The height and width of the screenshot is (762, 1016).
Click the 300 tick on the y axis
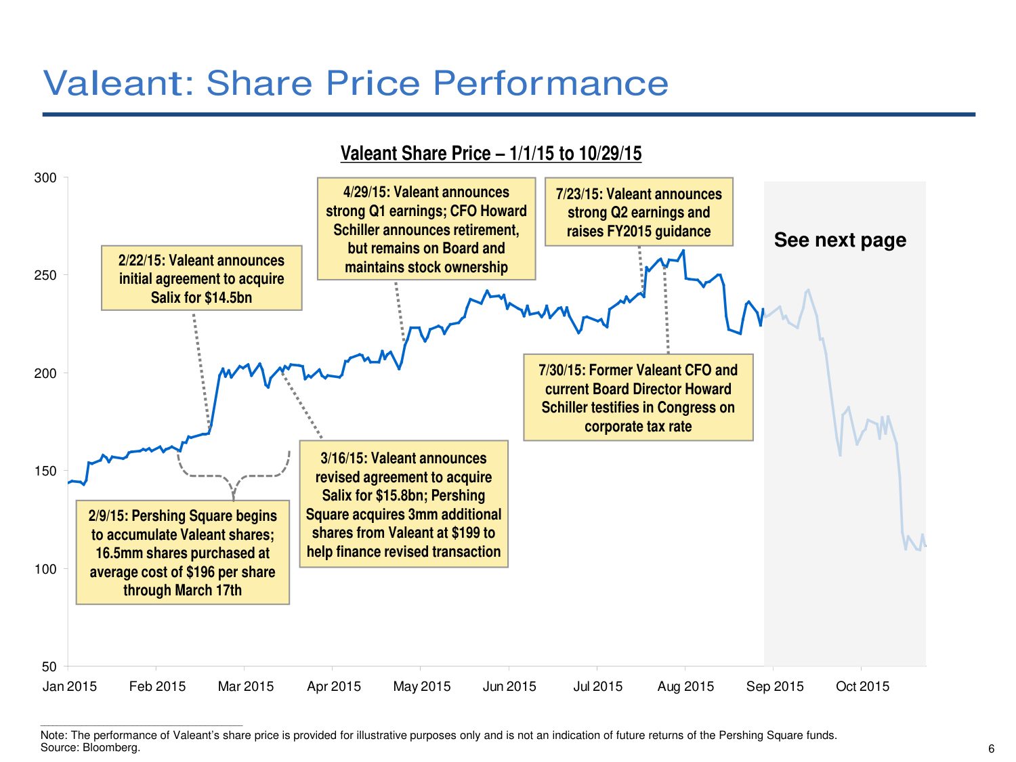45,178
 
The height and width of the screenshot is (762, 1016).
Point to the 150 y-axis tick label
45,471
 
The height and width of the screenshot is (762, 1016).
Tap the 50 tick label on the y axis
49,667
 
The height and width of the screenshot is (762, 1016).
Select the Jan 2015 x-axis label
69,687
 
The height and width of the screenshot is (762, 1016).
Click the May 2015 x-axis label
421,687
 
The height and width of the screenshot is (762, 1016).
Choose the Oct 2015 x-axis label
862,687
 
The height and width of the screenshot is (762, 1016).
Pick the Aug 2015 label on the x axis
685,687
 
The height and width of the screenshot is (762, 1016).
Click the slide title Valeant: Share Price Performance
356,83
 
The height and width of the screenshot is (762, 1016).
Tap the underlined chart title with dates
490,154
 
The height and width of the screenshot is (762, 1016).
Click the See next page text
840,240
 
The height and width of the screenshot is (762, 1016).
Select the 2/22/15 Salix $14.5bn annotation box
201,278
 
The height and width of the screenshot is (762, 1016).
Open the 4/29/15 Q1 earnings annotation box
426,230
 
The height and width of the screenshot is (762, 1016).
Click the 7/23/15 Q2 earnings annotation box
639,213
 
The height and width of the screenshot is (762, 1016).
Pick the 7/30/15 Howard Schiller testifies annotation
638,398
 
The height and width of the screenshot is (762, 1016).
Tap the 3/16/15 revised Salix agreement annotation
404,505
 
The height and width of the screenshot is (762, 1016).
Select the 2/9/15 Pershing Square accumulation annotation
182,553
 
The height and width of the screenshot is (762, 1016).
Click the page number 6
992,748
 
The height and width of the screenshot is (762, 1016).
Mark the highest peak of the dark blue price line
683,251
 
